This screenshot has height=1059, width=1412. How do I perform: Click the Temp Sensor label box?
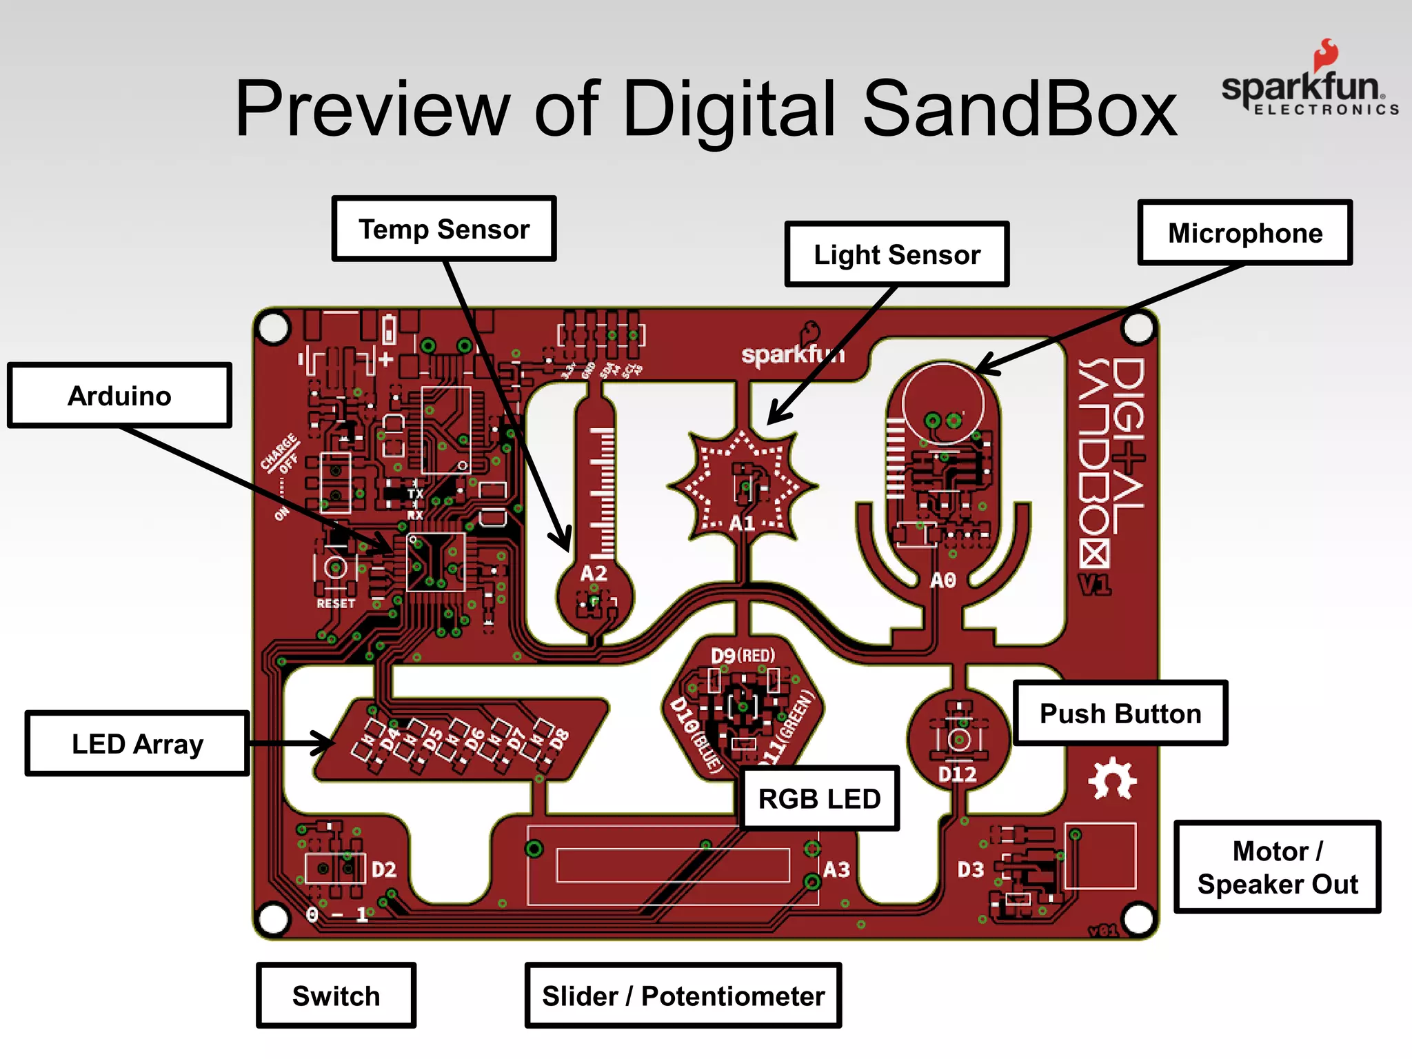(444, 229)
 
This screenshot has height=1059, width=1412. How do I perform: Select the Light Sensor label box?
(896, 254)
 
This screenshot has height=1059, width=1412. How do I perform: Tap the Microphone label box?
(1244, 233)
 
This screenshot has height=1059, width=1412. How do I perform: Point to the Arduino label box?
(119, 396)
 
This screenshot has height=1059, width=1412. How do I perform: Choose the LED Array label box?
(137, 744)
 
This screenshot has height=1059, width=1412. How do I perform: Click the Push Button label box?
(1120, 714)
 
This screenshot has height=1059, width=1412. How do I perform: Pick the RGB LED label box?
(819, 798)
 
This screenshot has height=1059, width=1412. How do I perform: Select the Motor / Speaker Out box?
(1277, 867)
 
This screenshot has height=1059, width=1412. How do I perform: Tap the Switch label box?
(336, 996)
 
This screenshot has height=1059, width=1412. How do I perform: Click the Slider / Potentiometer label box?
(683, 996)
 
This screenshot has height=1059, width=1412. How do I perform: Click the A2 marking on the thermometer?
(594, 573)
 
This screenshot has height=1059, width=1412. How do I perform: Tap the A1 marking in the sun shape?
(743, 523)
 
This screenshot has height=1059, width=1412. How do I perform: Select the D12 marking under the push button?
(958, 774)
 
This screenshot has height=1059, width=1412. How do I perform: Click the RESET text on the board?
(336, 603)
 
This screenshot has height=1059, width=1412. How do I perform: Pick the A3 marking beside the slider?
(836, 869)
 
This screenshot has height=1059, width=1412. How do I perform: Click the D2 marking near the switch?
(384, 869)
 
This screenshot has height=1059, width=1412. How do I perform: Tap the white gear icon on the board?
(1111, 779)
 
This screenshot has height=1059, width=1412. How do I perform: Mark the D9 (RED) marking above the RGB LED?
(743, 655)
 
